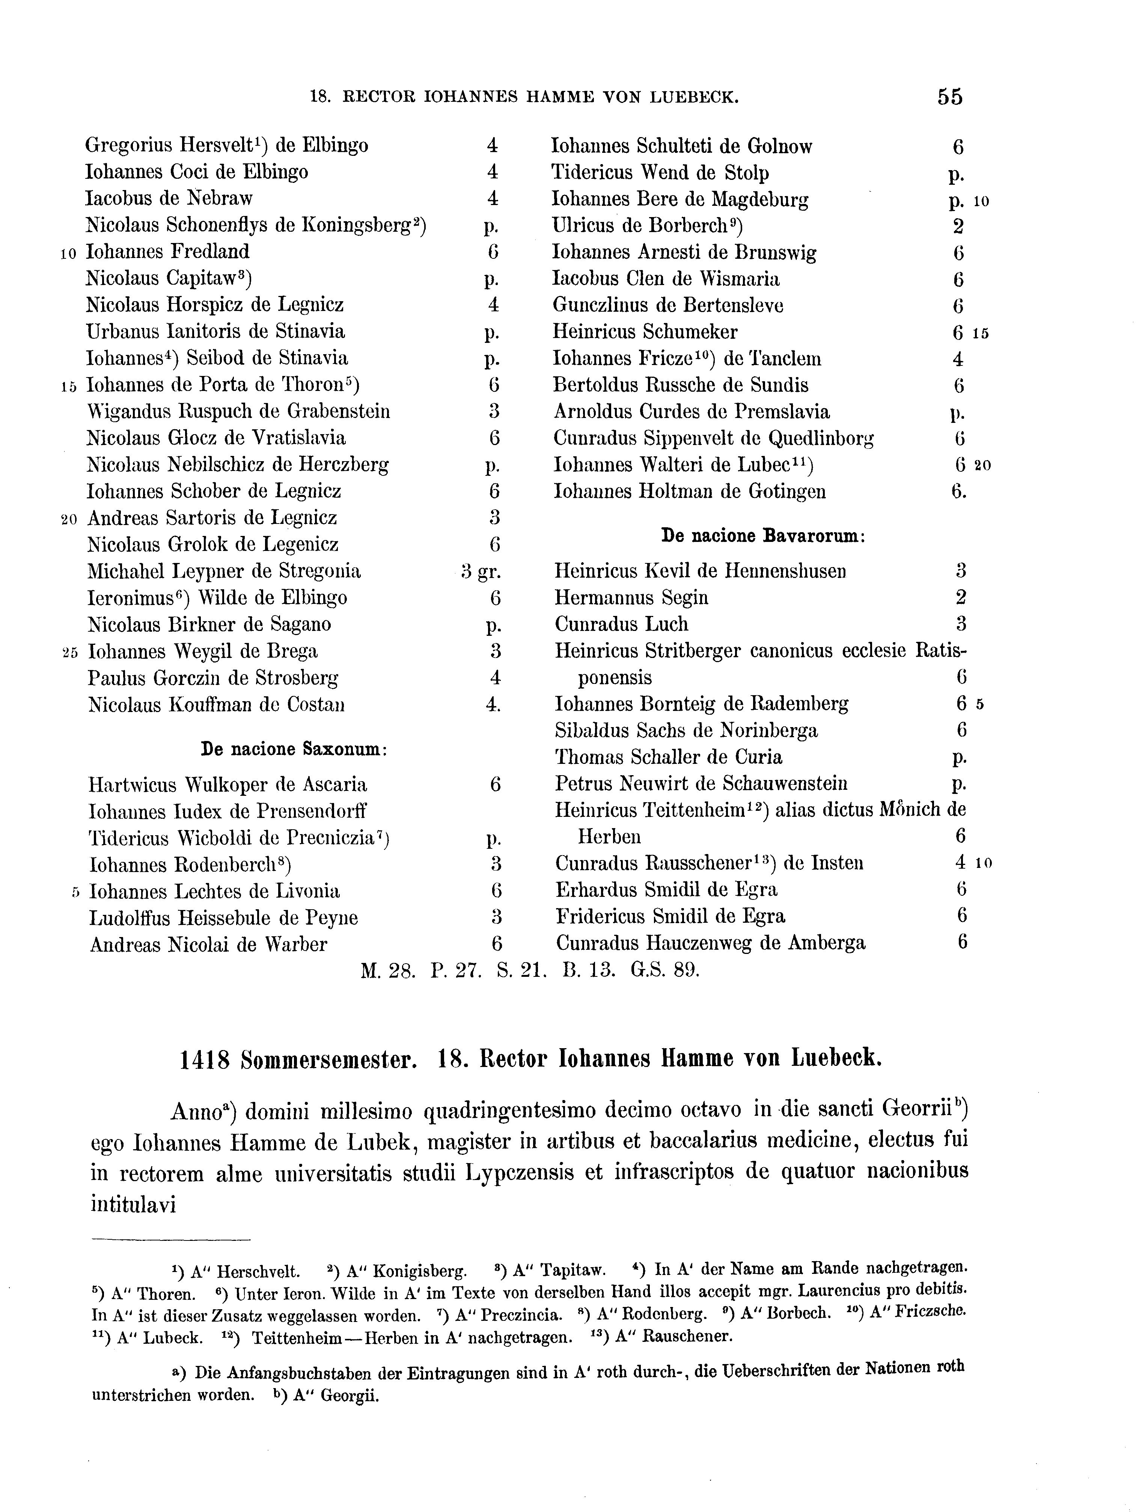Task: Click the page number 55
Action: (949, 97)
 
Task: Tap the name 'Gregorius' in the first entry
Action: (129, 146)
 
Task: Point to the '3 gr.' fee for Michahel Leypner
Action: (481, 572)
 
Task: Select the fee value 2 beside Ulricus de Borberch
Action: (957, 226)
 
